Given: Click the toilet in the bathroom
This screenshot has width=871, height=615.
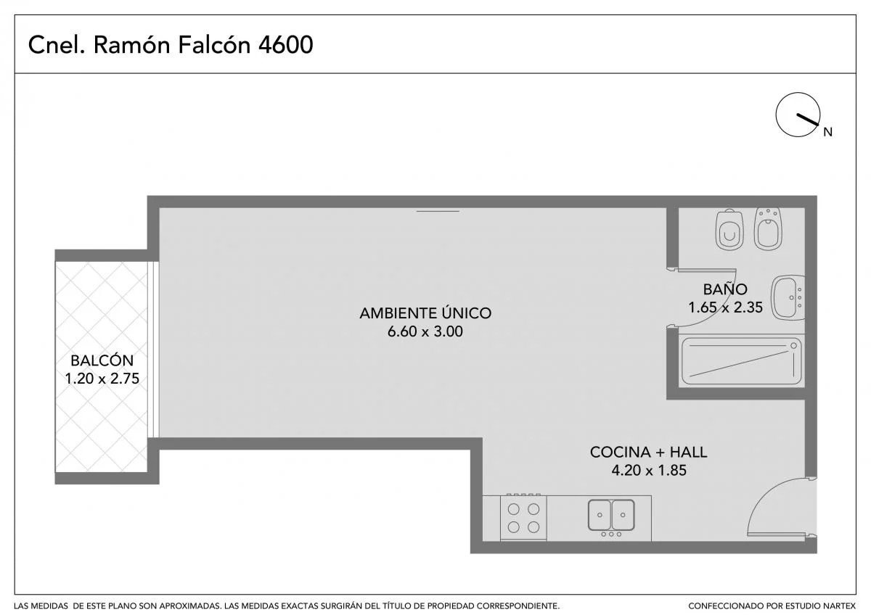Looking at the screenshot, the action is click(x=729, y=229).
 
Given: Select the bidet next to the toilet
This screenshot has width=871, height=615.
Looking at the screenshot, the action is click(x=768, y=228).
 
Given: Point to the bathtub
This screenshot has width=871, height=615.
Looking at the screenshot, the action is click(x=741, y=361).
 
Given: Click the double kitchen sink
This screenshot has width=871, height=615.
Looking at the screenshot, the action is click(x=611, y=515).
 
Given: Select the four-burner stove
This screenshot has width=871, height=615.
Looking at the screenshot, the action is click(x=523, y=517).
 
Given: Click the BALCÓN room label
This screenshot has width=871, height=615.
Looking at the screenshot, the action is click(x=102, y=360).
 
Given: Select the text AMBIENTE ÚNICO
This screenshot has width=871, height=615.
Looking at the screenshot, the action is click(x=425, y=313).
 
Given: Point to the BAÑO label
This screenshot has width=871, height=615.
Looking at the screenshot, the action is click(x=725, y=289).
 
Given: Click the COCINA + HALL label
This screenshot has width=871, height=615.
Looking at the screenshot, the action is click(x=649, y=453).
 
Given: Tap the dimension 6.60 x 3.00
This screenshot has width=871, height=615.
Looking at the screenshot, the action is click(x=425, y=331).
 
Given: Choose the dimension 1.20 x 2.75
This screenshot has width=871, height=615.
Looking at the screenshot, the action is click(x=102, y=379).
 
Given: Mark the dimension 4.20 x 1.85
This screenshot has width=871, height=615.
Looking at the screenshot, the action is click(x=649, y=471).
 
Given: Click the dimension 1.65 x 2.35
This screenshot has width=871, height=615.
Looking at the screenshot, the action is click(x=726, y=307).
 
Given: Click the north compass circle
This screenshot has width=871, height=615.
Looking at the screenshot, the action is click(x=798, y=115).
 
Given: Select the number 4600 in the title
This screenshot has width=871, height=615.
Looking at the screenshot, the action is click(x=286, y=45).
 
